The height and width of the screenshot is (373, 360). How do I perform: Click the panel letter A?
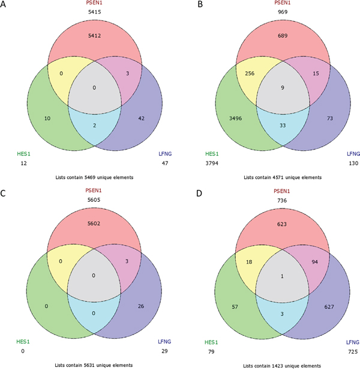point(3,4)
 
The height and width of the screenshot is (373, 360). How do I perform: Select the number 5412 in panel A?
point(94,35)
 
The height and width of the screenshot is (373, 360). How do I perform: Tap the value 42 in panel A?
point(142,118)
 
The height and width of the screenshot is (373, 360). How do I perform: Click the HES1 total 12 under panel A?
point(23,163)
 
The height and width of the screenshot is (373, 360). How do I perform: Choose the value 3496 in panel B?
point(235,118)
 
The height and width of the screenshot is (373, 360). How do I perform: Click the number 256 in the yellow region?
point(250,73)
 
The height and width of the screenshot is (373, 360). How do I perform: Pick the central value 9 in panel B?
point(283,88)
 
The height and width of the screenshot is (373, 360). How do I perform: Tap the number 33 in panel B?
point(283,126)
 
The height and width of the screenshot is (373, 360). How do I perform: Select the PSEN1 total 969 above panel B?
point(283,12)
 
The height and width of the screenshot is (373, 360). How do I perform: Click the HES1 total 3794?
point(212,163)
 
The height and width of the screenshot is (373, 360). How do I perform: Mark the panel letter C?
point(3,193)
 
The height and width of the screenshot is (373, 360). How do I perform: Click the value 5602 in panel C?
point(94,223)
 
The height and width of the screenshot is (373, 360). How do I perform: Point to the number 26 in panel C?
point(141,306)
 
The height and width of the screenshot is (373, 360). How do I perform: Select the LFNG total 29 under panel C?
point(164,351)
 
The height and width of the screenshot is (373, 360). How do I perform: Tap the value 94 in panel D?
point(314,262)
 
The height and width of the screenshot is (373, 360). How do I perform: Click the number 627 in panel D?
point(329,307)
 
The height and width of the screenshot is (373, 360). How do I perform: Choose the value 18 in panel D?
point(249,262)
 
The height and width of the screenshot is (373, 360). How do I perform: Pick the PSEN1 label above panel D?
point(282,191)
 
